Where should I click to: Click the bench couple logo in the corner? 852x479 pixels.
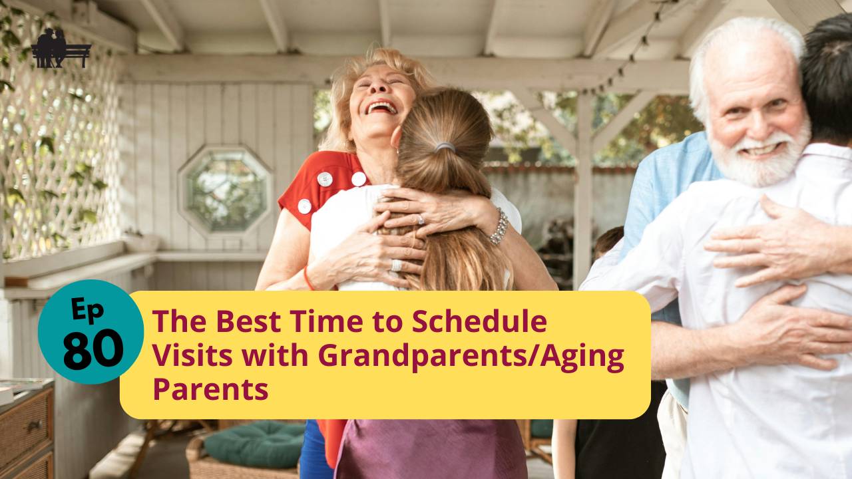pyautogui.click(x=61, y=49)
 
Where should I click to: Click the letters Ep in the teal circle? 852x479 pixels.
pyautogui.click(x=86, y=310)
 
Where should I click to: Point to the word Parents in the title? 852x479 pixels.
pyautogui.click(x=210, y=389)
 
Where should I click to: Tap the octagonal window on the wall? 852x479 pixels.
pyautogui.click(x=225, y=190)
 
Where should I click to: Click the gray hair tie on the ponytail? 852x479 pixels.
pyautogui.click(x=445, y=147)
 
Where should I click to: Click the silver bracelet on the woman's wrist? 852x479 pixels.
pyautogui.click(x=498, y=227)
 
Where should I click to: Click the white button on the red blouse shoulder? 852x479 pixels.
pyautogui.click(x=324, y=179)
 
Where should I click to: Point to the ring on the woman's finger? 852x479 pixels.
pyautogui.click(x=420, y=220)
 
